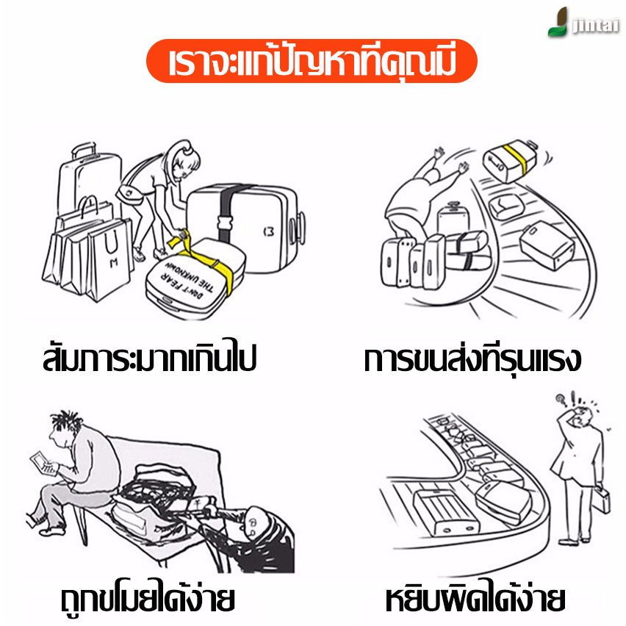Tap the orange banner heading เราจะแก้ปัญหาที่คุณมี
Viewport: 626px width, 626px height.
click(312, 61)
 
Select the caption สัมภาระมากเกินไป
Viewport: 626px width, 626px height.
click(149, 357)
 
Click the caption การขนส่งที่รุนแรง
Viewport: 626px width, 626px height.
click(472, 358)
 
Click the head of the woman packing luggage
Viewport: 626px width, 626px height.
click(184, 159)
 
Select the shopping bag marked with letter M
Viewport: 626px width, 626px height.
click(110, 259)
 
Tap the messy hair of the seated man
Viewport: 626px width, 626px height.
click(66, 420)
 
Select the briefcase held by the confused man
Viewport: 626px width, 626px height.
click(601, 498)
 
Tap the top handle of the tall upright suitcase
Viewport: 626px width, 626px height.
click(84, 150)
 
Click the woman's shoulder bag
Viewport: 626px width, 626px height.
click(129, 194)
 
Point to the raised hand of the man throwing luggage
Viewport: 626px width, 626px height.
click(439, 153)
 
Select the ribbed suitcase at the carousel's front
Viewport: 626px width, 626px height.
click(446, 512)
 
